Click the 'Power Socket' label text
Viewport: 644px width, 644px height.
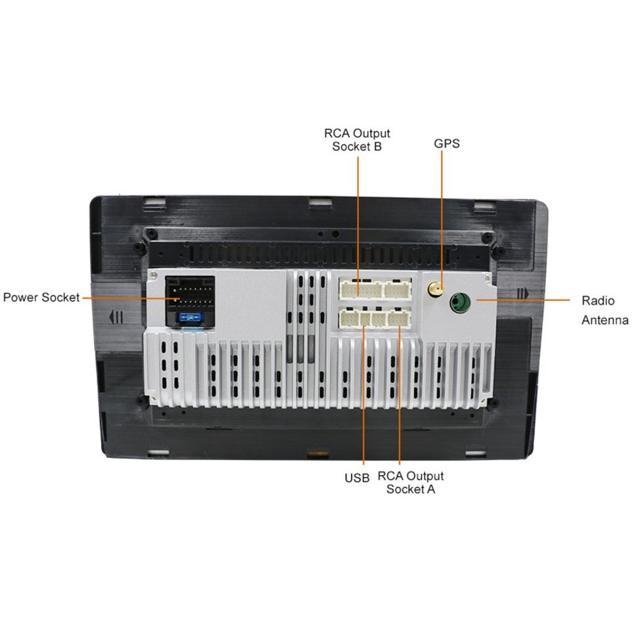pos(41,297)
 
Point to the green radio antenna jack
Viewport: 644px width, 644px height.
pos(459,303)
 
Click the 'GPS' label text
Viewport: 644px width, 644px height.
pos(447,143)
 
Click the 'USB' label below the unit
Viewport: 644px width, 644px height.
pos(357,478)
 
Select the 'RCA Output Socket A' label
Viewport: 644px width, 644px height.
pos(411,482)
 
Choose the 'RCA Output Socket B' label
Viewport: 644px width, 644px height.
pos(357,140)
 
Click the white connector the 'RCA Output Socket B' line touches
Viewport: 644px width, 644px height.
pos(359,288)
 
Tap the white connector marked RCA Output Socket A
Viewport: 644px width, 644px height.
pos(398,319)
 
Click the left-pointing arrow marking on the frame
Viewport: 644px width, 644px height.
pos(116,317)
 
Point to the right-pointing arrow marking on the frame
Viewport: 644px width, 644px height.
pos(522,293)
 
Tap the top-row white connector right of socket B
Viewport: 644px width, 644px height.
pos(398,288)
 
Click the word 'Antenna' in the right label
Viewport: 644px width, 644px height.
pos(605,321)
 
